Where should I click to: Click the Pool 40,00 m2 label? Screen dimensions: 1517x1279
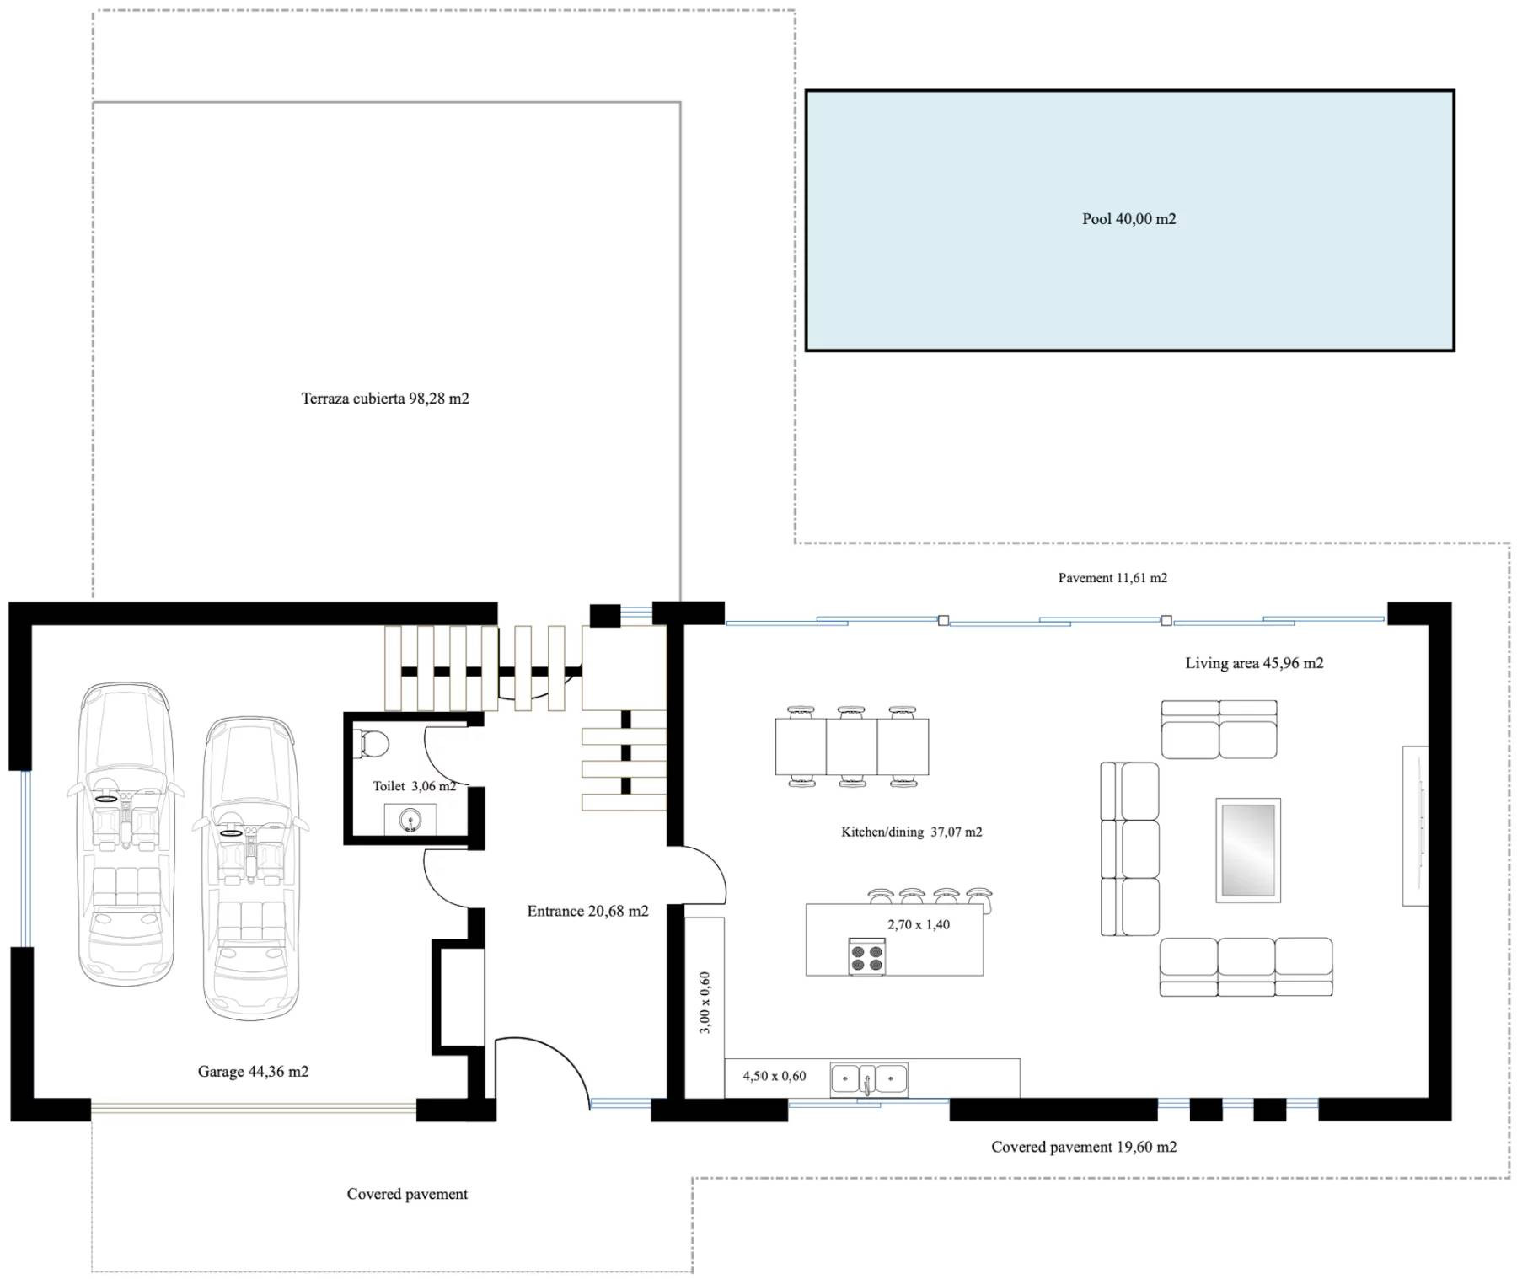[1128, 219]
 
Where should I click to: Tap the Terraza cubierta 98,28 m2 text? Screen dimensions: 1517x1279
[385, 399]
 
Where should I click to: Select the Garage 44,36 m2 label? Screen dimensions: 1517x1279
[253, 1072]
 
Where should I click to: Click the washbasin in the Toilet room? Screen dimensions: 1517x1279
[410, 820]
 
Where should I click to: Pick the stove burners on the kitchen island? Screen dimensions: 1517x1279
[866, 957]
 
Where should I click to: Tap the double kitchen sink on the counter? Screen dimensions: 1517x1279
[868, 1079]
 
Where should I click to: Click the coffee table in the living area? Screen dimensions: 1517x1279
[1247, 850]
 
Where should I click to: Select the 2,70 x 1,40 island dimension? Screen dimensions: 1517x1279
[919, 924]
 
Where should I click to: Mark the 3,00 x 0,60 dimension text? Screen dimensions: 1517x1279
[705, 1003]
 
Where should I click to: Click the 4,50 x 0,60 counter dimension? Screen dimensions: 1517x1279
[774, 1076]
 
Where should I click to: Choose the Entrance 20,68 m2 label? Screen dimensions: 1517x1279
[587, 911]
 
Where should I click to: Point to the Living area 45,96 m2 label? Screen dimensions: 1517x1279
[1254, 663]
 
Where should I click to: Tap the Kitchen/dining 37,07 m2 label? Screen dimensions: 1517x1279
[911, 832]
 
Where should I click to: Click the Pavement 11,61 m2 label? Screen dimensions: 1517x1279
[1112, 578]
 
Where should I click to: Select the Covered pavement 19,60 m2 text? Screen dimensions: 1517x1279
[1084, 1147]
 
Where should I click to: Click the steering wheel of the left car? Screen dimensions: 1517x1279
[106, 798]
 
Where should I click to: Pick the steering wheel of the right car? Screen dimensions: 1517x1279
[231, 833]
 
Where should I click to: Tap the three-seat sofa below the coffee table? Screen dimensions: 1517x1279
[1246, 967]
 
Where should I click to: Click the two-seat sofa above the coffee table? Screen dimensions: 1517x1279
[1219, 730]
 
